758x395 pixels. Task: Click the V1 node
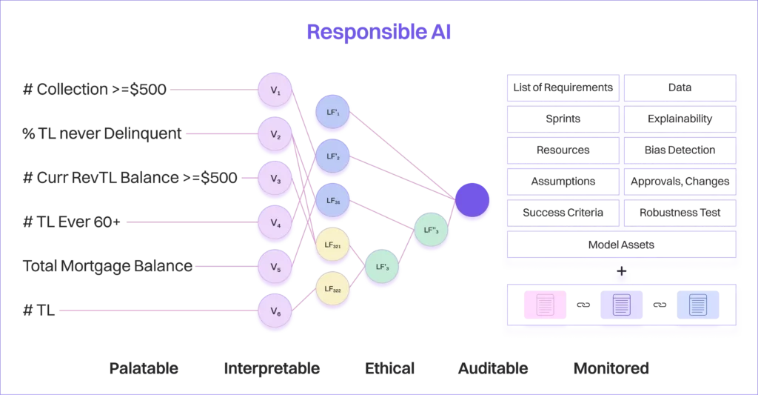click(x=275, y=90)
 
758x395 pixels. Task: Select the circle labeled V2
click(x=275, y=134)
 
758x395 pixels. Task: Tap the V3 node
click(x=275, y=179)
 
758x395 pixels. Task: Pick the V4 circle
click(x=275, y=222)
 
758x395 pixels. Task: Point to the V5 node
click(x=275, y=266)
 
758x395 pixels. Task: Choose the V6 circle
click(x=275, y=311)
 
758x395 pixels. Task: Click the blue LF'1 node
click(x=332, y=113)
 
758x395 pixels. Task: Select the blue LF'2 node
click(x=332, y=156)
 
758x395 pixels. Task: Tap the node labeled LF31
click(x=332, y=200)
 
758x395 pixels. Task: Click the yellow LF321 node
click(x=332, y=245)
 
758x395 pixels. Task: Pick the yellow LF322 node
click(x=332, y=288)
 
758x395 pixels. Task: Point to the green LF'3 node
click(x=383, y=266)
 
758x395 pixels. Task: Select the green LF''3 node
click(x=431, y=230)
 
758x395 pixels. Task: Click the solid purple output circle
click(x=472, y=199)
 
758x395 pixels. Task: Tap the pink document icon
click(x=545, y=305)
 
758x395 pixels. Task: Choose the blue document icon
click(x=698, y=305)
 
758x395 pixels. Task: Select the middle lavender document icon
click(x=621, y=305)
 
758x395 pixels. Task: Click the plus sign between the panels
click(x=622, y=272)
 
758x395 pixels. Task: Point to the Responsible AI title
click(x=379, y=33)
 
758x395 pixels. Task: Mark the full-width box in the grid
click(x=622, y=243)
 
